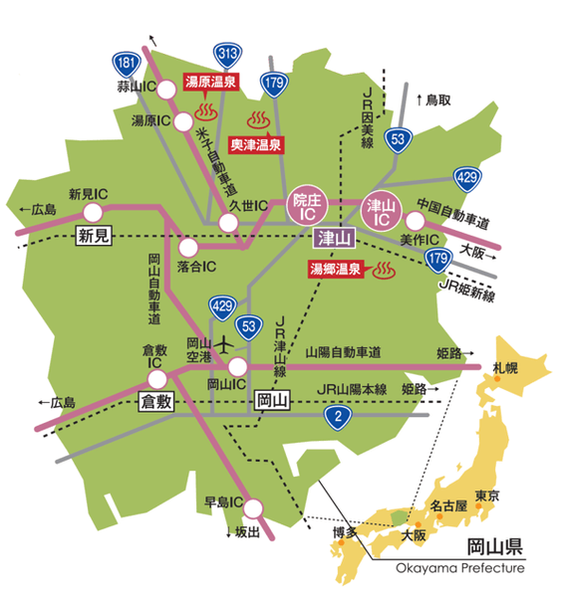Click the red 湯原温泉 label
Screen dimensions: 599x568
(x=209, y=83)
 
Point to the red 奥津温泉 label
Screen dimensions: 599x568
(x=256, y=144)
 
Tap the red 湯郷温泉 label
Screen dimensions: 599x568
(x=335, y=269)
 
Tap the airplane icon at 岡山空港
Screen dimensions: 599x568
(x=224, y=344)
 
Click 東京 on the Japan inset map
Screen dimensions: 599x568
(x=486, y=496)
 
